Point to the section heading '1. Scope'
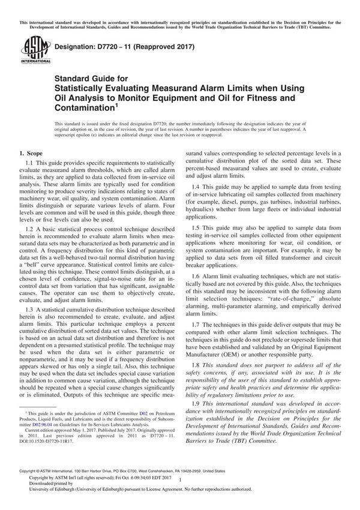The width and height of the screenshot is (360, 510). pos(35,154)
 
